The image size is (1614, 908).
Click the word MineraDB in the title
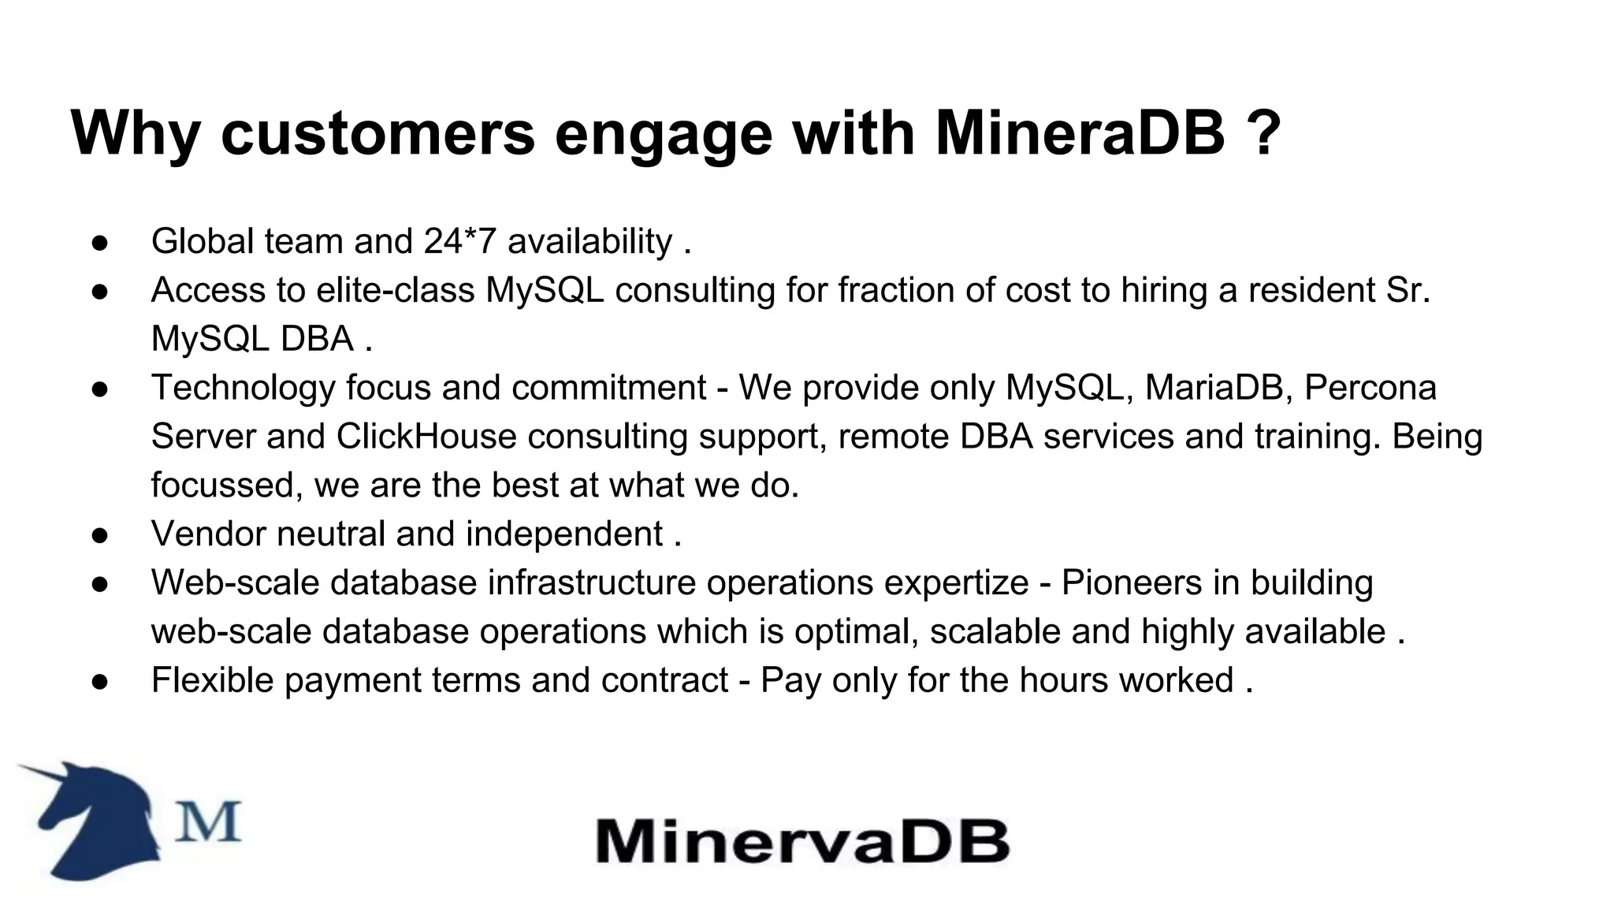point(1080,132)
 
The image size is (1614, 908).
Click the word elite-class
point(395,290)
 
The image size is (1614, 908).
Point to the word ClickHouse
point(426,437)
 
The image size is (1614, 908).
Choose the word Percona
point(1370,388)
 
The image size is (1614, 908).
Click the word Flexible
point(212,681)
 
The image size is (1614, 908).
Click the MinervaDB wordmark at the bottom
point(802,841)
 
